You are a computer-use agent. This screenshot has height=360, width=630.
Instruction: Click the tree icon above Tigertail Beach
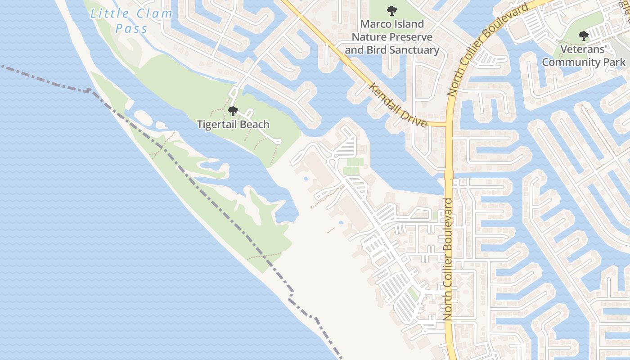pos(233,111)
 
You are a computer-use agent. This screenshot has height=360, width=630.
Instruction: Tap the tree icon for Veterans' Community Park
pos(583,35)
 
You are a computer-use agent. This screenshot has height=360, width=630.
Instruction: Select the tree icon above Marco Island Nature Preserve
pos(392,10)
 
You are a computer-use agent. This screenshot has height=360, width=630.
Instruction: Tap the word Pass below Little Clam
pos(131,29)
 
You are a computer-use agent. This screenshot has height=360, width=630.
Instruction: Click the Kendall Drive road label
pos(398,104)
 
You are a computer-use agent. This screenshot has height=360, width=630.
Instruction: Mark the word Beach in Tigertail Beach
pos(255,125)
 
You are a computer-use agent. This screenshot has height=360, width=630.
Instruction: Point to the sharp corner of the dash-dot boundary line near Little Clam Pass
pos(90,91)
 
